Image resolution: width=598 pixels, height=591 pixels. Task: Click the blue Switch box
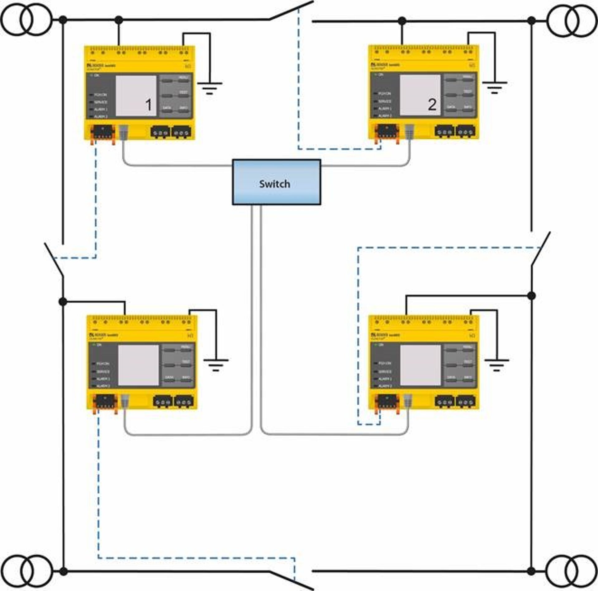pos(276,182)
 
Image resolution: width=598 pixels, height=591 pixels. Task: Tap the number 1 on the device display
pos(149,105)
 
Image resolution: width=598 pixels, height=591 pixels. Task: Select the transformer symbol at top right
pos(572,21)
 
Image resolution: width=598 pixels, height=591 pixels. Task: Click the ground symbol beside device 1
pos(210,88)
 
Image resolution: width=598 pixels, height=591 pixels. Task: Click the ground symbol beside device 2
pos(494,87)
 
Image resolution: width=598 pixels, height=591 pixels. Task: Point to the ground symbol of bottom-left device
pos(216,365)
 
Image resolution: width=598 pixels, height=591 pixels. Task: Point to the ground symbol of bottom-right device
pos(496,365)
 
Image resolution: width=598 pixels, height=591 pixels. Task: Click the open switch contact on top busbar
pos(291,11)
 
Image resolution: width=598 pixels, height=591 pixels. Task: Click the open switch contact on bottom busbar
pos(291,580)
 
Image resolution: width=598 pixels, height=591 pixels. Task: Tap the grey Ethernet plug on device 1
pos(124,132)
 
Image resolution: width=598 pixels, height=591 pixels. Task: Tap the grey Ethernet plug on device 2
pos(409,131)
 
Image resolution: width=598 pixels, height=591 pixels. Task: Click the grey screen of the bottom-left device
pos(138,365)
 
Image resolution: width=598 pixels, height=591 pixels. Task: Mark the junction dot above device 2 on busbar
pos(402,21)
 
